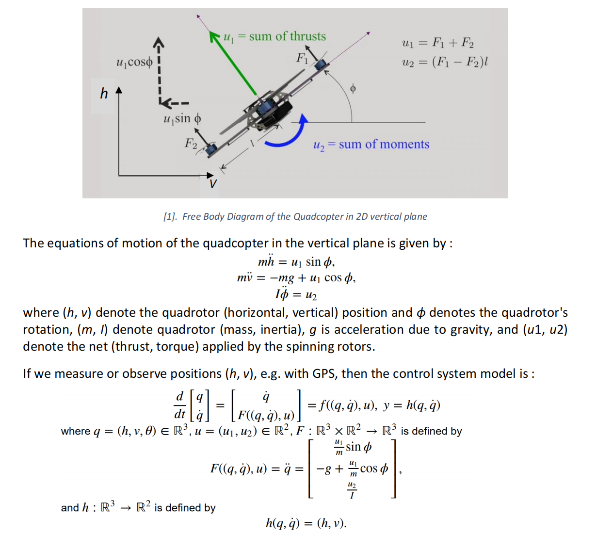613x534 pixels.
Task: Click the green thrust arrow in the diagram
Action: click(234, 63)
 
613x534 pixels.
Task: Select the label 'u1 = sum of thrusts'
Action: click(274, 37)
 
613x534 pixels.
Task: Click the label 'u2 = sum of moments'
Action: click(371, 145)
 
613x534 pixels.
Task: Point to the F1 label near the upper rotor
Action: click(302, 59)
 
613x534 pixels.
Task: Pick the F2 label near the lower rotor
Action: click(191, 143)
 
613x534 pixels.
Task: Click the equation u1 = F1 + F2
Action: click(438, 43)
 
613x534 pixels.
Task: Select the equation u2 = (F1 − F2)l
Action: click(445, 62)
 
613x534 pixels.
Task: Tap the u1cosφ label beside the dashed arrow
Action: click(134, 62)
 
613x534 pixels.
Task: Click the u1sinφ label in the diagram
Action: click(182, 119)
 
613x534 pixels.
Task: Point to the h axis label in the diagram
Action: click(104, 93)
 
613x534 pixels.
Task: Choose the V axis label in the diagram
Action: click(212, 184)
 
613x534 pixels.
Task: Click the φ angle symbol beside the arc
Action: click(353, 88)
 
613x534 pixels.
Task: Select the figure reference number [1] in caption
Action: click(170, 217)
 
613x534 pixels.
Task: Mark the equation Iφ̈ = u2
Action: click(296, 294)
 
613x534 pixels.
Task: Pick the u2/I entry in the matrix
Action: click(352, 490)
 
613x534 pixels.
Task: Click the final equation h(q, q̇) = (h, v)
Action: click(306, 523)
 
